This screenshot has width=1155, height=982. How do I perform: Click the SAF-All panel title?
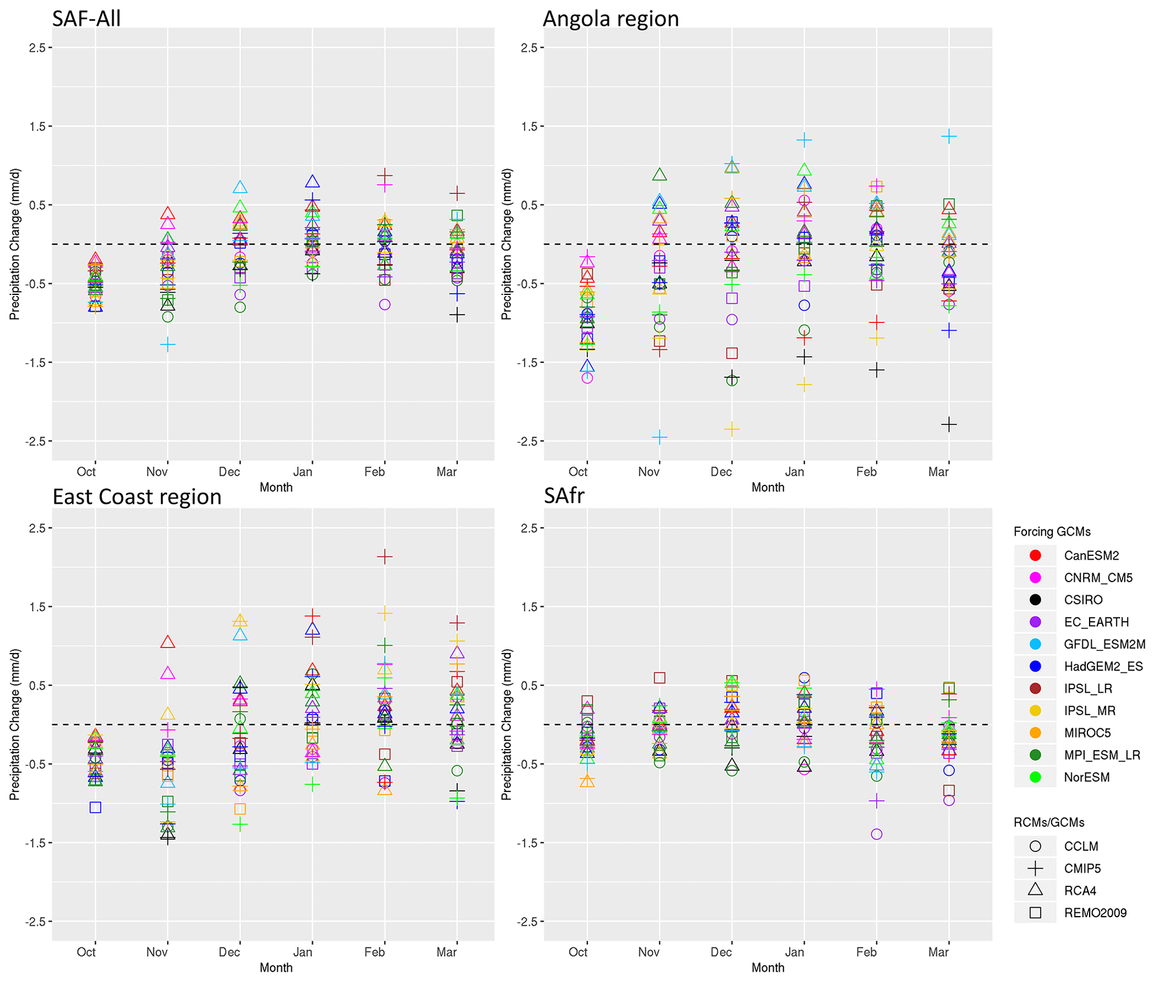87,19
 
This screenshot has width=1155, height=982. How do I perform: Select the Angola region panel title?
611,19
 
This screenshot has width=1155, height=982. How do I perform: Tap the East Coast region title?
137,497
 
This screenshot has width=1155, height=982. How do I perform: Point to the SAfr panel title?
564,495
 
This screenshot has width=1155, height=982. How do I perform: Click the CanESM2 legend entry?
1091,555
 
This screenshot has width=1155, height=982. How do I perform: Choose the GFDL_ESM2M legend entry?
1104,644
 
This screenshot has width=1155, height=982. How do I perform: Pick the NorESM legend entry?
1086,777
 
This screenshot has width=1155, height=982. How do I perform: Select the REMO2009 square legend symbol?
1035,913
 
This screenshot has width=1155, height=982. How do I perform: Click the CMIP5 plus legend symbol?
1035,869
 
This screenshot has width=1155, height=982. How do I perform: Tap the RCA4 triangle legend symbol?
1035,890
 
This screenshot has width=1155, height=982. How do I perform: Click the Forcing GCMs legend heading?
1052,532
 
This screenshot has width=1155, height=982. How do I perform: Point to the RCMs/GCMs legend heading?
1049,823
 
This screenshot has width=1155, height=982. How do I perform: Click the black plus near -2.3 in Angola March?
949,425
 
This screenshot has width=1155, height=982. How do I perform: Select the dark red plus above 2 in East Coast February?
384,556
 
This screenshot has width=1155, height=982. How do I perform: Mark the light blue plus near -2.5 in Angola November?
659,436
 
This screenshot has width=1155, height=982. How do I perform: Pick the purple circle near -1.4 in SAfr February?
877,834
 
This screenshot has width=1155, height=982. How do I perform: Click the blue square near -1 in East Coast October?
96,807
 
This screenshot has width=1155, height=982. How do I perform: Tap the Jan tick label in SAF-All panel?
303,472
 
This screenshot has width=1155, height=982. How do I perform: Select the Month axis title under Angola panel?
768,487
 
